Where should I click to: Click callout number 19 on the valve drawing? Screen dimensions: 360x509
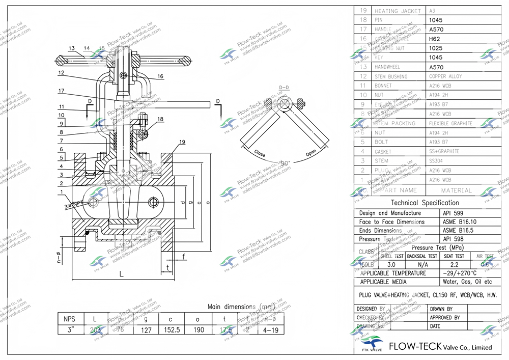(x=182, y=142)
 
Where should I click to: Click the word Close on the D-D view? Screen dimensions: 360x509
(x=260, y=154)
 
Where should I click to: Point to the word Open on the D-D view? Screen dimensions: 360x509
(x=311, y=153)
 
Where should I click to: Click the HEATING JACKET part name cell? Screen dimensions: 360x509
(x=398, y=11)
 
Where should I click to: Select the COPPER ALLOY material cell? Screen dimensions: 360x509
(x=445, y=76)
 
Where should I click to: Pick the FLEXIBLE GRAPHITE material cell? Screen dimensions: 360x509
(x=450, y=123)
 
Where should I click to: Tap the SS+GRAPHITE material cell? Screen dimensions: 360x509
(x=444, y=151)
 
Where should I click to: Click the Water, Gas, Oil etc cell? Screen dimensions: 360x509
(x=467, y=282)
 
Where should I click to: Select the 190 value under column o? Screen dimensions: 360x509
(x=199, y=329)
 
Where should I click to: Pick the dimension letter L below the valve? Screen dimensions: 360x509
(x=121, y=274)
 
